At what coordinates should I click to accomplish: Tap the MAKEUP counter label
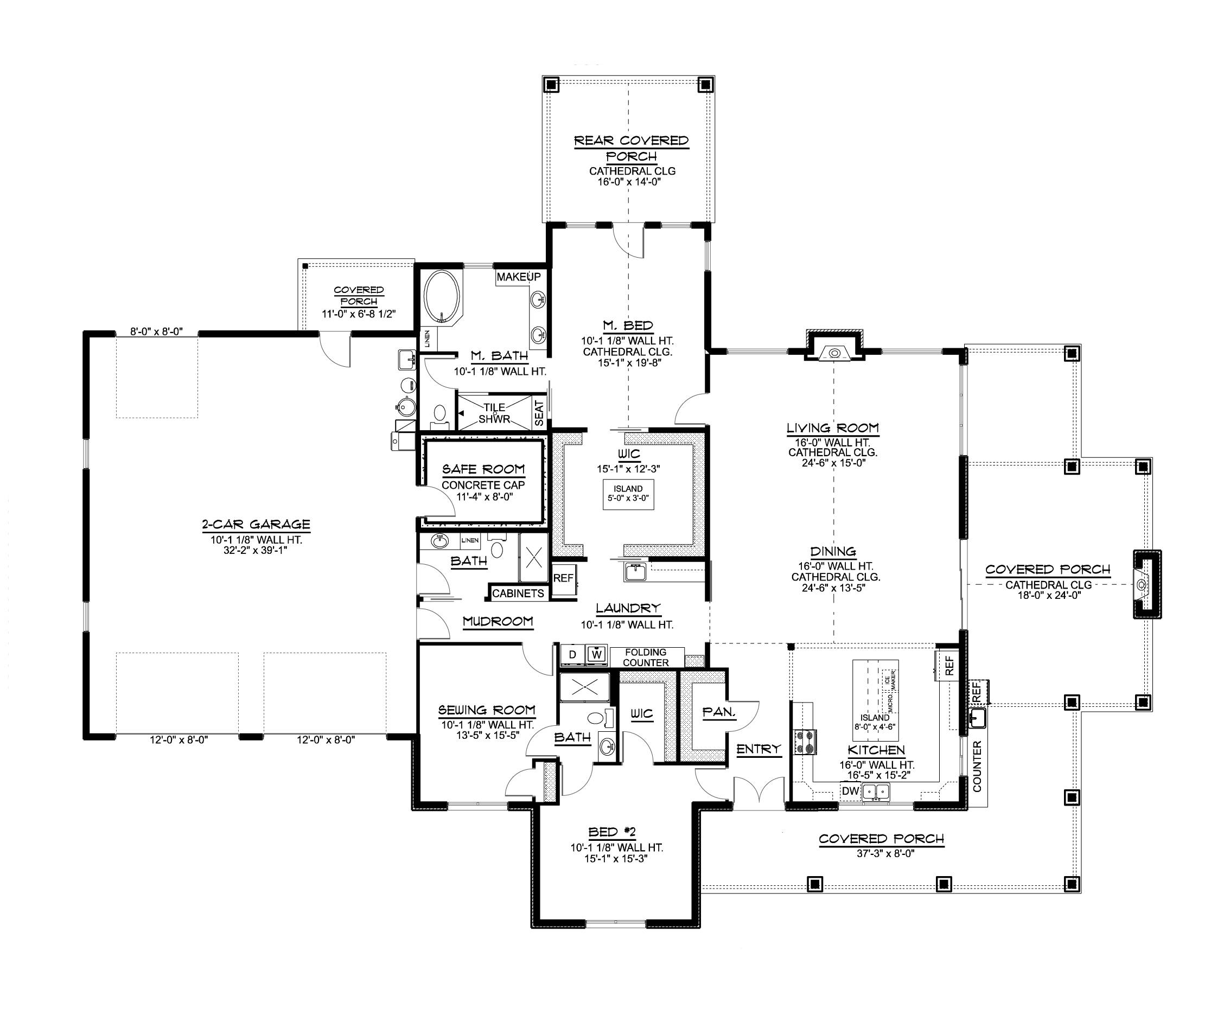pyautogui.click(x=518, y=277)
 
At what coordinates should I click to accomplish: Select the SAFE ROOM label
pyautogui.click(x=483, y=469)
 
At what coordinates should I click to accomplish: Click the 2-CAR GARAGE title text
pyautogui.click(x=256, y=524)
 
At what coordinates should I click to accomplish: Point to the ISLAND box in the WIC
pyautogui.click(x=628, y=494)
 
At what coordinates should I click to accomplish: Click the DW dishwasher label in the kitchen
pyautogui.click(x=850, y=791)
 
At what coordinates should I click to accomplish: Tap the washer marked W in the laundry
pyautogui.click(x=596, y=654)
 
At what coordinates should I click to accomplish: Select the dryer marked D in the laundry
pyautogui.click(x=573, y=654)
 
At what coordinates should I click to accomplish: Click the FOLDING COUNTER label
pyautogui.click(x=646, y=657)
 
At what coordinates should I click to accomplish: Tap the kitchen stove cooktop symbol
pyautogui.click(x=805, y=742)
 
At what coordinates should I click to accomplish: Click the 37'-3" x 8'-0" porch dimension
pyautogui.click(x=885, y=853)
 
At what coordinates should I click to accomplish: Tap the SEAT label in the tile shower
pyautogui.click(x=539, y=413)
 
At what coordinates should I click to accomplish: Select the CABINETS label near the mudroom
pyautogui.click(x=518, y=593)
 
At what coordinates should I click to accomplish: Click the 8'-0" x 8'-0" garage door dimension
pyautogui.click(x=156, y=331)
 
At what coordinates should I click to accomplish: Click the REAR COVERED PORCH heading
pyautogui.click(x=631, y=148)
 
